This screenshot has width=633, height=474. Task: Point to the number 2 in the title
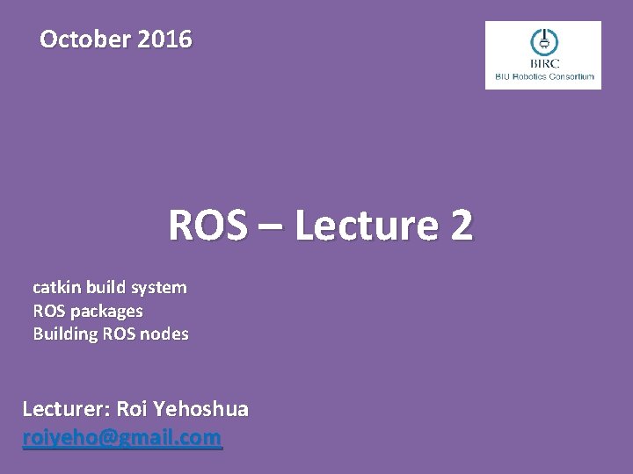click(x=461, y=226)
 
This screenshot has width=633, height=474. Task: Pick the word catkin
click(x=55, y=287)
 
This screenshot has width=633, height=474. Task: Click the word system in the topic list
click(x=158, y=287)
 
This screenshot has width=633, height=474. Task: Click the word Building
click(x=62, y=334)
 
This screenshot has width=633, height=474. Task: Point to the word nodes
click(x=166, y=334)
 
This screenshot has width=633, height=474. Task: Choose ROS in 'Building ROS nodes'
click(x=118, y=334)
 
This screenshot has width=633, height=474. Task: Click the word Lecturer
click(x=63, y=409)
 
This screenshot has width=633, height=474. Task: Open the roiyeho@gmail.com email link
click(x=122, y=437)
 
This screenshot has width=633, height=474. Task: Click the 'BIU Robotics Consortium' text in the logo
click(x=543, y=76)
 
